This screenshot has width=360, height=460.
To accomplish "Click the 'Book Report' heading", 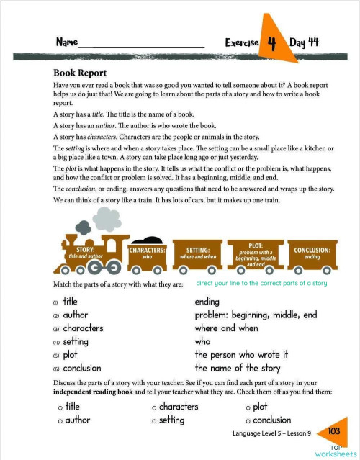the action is tap(80, 73).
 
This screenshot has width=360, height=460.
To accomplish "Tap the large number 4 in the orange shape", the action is tap(271, 42).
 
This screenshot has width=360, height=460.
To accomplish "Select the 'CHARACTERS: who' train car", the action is tap(147, 253).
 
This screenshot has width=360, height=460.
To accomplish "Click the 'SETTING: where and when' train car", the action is tap(198, 253).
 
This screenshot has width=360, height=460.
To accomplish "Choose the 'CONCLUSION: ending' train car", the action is tap(312, 253).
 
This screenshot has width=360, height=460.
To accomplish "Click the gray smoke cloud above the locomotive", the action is tap(106, 218).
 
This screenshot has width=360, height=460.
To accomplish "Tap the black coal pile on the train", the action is tap(148, 240).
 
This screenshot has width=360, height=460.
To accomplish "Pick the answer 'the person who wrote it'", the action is tap(241, 354).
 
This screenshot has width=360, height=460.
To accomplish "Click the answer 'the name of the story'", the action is tap(238, 368).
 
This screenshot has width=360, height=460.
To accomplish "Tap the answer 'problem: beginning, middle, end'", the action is tap(256, 315).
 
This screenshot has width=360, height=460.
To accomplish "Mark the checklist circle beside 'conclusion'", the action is tap(248, 420).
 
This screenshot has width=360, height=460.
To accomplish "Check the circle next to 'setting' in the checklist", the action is tap(154, 420).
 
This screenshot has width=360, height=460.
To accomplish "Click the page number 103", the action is tap(333, 430).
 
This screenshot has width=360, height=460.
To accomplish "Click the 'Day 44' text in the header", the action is tap(304, 42).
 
